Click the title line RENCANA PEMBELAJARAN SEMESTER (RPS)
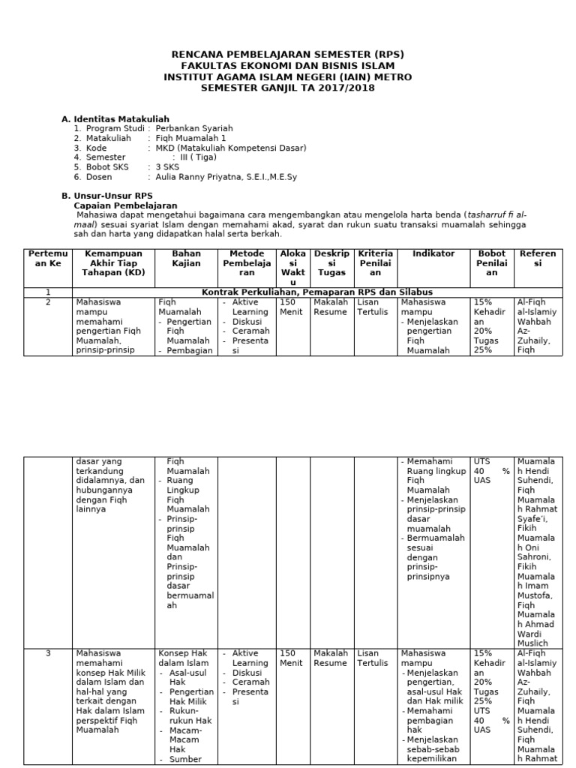pos(288,55)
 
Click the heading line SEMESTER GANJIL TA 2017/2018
pos(288,88)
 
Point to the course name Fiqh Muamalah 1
pos(190,138)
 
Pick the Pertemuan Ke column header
pos(48,259)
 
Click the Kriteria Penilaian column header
pos(376,263)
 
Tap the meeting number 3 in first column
pos(48,653)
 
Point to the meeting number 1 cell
pos(48,292)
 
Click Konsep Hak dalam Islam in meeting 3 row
pos(183,658)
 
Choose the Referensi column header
pos(537,259)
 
